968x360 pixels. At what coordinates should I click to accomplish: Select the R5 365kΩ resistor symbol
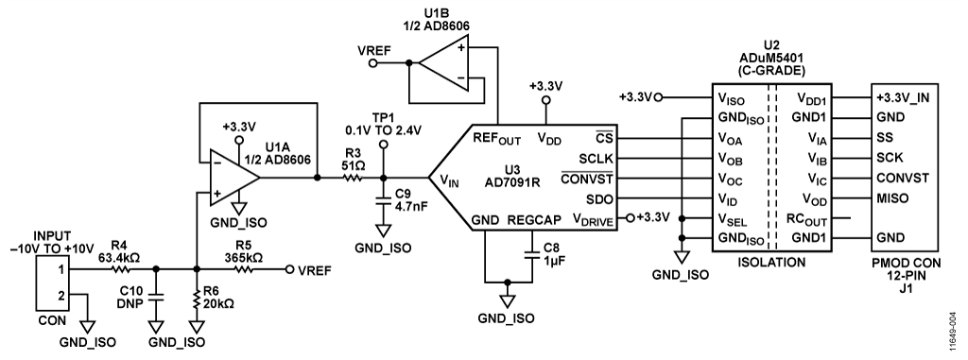tap(243, 269)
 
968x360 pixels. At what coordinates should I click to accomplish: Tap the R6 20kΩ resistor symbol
tap(197, 300)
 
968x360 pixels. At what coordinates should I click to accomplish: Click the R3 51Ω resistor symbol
tap(354, 178)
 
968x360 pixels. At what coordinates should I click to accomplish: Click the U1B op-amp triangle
tap(443, 62)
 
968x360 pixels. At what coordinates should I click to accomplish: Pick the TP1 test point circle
tap(384, 144)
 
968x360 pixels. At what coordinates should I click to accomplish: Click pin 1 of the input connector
tap(61, 269)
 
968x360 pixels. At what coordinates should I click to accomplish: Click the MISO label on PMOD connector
tap(890, 198)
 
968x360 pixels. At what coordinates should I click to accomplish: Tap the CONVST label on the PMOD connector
tap(903, 178)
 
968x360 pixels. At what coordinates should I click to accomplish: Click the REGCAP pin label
tap(529, 220)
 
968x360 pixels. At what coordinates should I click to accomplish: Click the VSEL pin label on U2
tap(732, 219)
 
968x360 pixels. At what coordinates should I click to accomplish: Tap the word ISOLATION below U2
tap(771, 263)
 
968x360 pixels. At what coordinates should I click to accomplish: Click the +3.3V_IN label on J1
tap(903, 97)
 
